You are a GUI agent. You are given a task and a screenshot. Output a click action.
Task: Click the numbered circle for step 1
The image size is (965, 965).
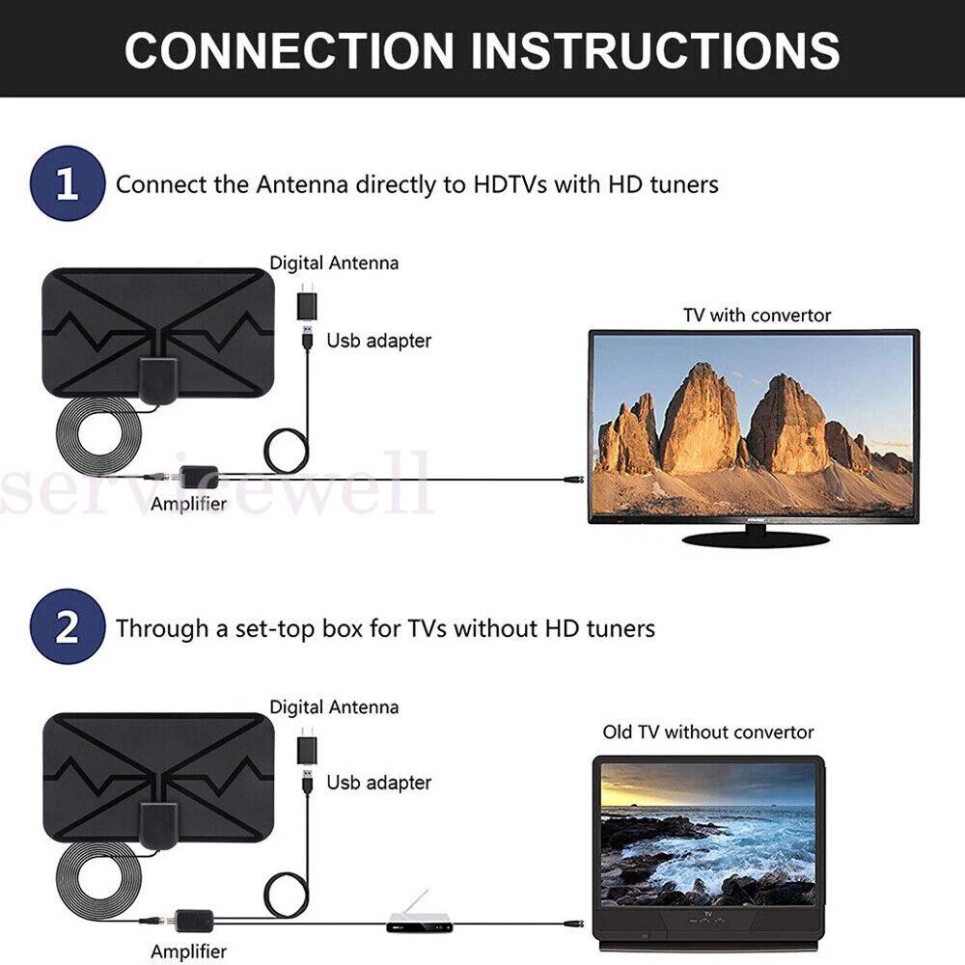[x=68, y=183]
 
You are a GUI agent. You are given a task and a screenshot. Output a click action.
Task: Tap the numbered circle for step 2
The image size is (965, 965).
[x=68, y=626]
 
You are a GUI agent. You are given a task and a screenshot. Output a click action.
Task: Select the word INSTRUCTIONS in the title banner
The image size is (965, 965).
[x=655, y=50]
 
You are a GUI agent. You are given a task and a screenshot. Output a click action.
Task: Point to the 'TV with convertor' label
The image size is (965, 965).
[x=757, y=316]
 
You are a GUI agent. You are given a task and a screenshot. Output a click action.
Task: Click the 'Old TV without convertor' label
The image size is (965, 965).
[x=707, y=731]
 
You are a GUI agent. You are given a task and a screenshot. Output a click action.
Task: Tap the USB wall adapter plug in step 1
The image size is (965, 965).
[x=307, y=302]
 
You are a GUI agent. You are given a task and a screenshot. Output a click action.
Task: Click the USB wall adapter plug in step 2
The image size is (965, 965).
[x=307, y=746]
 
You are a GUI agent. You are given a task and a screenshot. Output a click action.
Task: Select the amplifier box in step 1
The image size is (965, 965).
[x=198, y=476]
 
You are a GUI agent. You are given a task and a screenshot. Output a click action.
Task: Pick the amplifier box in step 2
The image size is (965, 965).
[x=195, y=920]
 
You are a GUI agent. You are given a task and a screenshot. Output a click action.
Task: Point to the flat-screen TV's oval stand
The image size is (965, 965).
[x=756, y=539]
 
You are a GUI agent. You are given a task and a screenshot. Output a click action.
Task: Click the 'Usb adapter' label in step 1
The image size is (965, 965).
[x=378, y=341]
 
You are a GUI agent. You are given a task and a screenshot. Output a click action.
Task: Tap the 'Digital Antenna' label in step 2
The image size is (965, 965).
[x=334, y=706]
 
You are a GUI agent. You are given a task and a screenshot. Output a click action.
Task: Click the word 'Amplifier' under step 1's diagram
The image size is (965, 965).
[x=189, y=504]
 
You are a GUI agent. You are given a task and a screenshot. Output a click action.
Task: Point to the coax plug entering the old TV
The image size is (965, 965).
[x=573, y=924]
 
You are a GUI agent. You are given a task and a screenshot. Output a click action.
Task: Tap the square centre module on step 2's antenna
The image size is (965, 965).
[x=159, y=825]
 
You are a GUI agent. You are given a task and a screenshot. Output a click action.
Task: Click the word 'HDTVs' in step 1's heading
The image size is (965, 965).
[x=510, y=184]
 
